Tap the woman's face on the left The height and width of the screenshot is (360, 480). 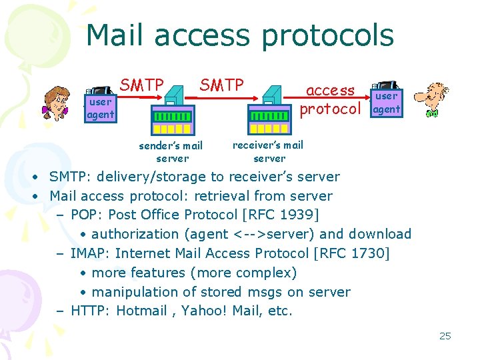(x=56, y=103)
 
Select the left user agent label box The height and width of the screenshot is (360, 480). (x=100, y=109)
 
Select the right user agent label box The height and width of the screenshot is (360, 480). (x=387, y=103)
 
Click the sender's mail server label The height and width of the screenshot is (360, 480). (x=171, y=151)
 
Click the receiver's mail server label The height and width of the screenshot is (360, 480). (x=268, y=151)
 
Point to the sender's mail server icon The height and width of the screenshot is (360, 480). (x=173, y=113)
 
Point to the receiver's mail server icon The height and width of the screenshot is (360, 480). (x=270, y=112)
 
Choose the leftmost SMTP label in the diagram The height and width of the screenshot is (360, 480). (x=142, y=85)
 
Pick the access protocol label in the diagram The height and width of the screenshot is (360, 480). (x=331, y=99)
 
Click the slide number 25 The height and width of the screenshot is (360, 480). (x=445, y=336)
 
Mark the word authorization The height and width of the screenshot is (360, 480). (x=135, y=234)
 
